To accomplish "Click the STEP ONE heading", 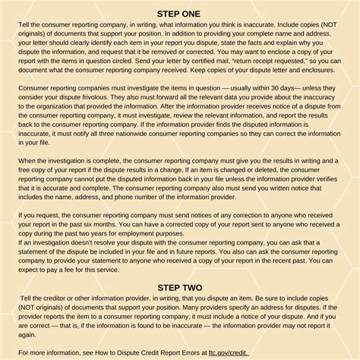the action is tap(180, 13).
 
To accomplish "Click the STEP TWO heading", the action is tap(180, 287).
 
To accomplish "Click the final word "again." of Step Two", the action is tap(28, 331).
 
